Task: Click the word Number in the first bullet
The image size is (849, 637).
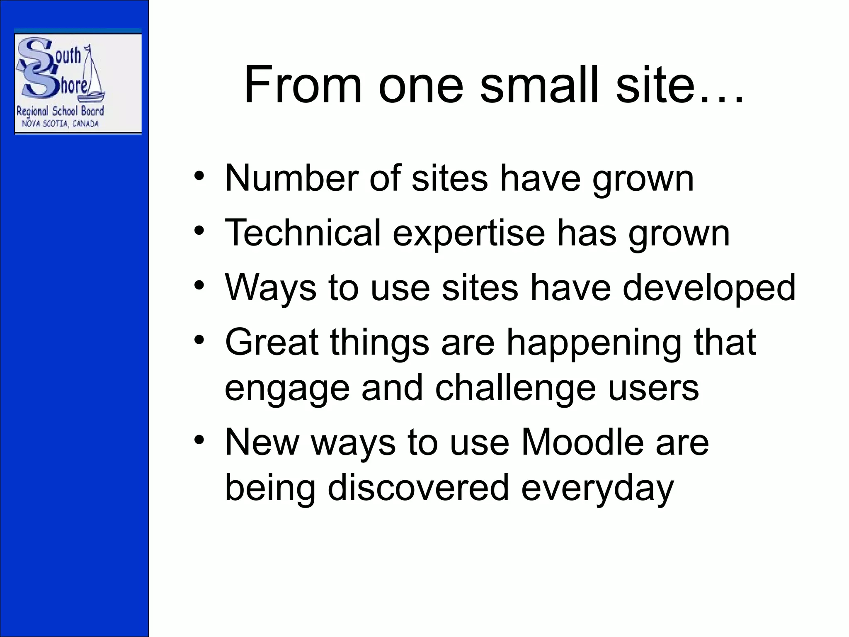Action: [291, 178]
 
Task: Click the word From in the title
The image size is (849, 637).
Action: [303, 85]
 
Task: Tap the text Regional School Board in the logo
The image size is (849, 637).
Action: [60, 111]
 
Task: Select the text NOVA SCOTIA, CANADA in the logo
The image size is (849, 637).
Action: [60, 124]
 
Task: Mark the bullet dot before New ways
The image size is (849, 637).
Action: [199, 439]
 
